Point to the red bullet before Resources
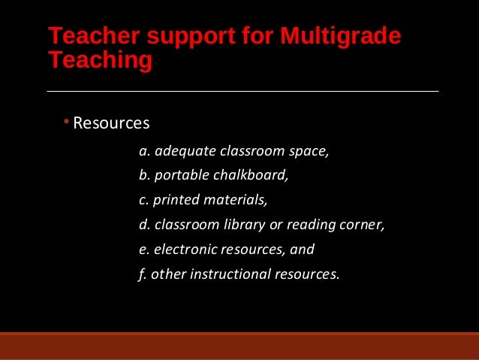pos(66,122)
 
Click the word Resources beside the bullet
pos(112,123)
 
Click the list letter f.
pos(141,274)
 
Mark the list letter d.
pos(143,225)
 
